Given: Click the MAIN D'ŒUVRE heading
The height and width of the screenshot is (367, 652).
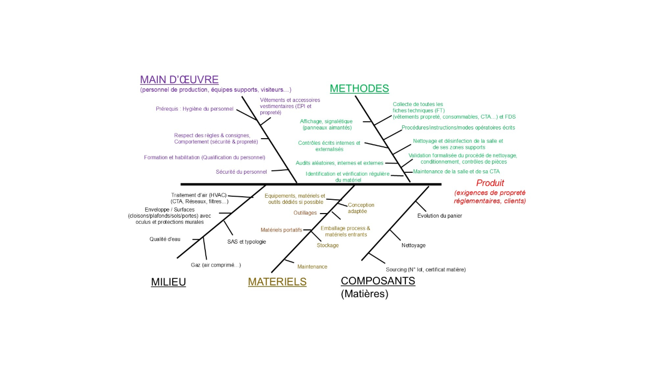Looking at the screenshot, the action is click(179, 80).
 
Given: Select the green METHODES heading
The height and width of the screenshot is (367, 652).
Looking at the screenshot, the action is click(359, 88).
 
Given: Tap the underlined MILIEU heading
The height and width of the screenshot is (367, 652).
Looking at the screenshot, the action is click(168, 282).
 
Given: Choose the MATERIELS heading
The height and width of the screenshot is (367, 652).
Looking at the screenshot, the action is click(277, 282).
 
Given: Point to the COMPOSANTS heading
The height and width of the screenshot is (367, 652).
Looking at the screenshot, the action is click(377, 281).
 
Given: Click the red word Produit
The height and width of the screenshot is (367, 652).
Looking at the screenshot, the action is click(490, 183).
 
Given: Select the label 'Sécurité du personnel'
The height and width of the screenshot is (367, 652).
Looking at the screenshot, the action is click(241, 172).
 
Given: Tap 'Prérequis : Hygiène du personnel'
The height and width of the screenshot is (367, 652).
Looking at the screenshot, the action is click(195, 109).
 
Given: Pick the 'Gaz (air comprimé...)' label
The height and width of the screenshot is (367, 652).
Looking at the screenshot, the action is click(216, 265).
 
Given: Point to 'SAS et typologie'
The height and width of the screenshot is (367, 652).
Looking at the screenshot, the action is click(247, 242).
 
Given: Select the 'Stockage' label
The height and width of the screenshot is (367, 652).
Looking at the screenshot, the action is click(328, 245).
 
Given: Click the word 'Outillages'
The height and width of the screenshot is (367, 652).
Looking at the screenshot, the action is click(305, 213).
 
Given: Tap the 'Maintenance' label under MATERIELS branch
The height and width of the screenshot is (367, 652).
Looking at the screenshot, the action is click(312, 267).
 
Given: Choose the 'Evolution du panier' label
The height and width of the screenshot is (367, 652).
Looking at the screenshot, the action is click(440, 216).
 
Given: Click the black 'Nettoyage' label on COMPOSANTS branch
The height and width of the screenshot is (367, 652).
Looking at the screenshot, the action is click(413, 245).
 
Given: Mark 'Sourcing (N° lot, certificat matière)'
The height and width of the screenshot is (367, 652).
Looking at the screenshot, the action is click(426, 269).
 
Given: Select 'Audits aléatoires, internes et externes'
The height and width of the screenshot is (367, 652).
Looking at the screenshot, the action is click(339, 163).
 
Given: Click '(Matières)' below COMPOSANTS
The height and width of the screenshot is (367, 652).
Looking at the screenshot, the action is click(364, 294).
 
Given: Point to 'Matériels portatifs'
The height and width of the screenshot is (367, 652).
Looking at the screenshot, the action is click(281, 230).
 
